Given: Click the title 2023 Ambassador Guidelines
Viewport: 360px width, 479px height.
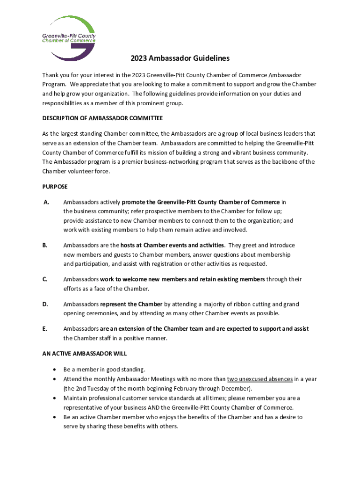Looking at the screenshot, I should [180, 59].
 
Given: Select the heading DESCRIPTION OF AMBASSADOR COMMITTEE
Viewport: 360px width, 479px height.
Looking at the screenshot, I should [102, 118].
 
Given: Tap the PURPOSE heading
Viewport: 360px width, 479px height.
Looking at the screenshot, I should [55, 187].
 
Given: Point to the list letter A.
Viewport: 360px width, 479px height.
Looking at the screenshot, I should [46, 202].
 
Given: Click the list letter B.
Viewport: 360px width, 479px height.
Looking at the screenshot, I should [45, 245].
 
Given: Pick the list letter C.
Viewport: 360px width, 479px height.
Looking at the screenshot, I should [45, 279].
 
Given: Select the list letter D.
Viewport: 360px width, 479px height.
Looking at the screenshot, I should [45, 304].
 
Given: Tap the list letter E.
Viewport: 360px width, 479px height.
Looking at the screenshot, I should [45, 329].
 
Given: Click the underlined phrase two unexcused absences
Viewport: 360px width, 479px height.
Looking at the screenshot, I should [260, 379].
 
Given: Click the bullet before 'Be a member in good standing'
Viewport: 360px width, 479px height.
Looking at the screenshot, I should [55, 370].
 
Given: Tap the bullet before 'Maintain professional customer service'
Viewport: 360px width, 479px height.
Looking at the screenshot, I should [55, 398].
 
